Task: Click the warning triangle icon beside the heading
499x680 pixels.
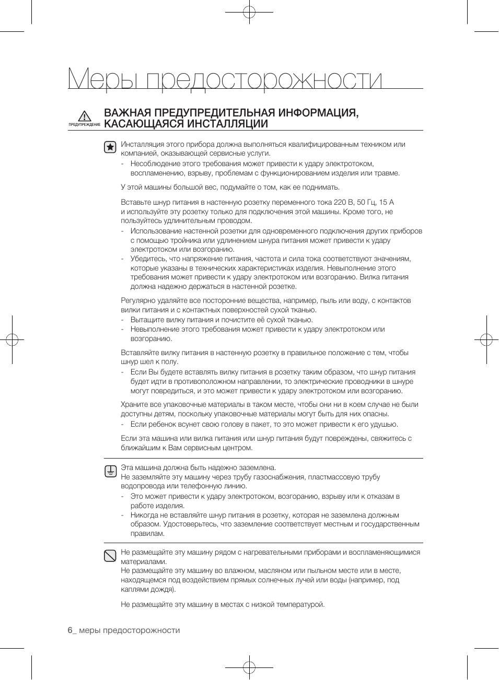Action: pos(84,116)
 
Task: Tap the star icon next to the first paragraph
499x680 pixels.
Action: pos(110,147)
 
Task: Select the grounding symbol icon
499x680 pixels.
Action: pos(110,471)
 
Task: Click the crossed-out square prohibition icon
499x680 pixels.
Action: pos(110,556)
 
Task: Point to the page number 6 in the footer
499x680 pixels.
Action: pos(69,630)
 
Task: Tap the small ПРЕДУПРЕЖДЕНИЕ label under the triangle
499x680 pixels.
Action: pos(84,125)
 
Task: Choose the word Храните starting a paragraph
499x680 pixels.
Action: pos(134,404)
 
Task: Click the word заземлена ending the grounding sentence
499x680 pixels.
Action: pos(257,467)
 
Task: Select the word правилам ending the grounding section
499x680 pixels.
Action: pos(147,533)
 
